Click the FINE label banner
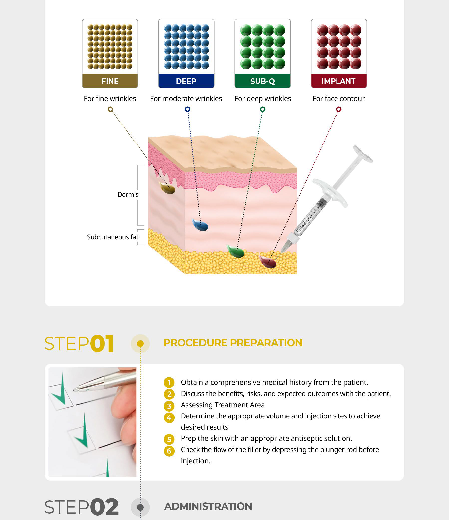110,81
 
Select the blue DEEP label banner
186,81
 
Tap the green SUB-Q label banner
262,81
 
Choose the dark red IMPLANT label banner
339,81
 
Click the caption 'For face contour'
338,98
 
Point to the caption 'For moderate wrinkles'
186,98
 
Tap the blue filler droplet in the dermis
200,225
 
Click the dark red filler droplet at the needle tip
268,262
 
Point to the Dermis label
128,195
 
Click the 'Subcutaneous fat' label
113,237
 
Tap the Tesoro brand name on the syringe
305,222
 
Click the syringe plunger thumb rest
363,154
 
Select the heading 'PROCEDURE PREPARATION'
233,343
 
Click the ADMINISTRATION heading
208,506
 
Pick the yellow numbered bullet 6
169,451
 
